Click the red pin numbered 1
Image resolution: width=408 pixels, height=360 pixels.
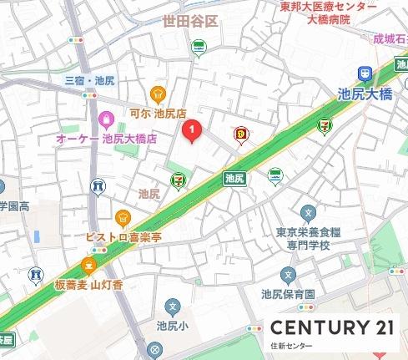tap(193, 130)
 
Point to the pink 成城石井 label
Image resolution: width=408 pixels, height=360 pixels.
tap(387, 38)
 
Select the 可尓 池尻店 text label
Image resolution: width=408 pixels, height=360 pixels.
tap(157, 113)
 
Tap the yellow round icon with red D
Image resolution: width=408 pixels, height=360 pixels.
tap(242, 132)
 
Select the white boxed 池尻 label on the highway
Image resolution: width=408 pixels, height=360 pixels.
tap(234, 177)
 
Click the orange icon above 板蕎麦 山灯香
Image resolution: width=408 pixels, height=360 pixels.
tap(88, 266)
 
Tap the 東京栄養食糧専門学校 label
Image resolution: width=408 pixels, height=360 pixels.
tap(309, 238)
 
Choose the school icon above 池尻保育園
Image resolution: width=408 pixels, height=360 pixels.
tap(289, 274)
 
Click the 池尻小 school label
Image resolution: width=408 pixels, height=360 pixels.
tap(173, 324)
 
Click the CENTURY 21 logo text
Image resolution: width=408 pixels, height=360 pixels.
tap(330, 328)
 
